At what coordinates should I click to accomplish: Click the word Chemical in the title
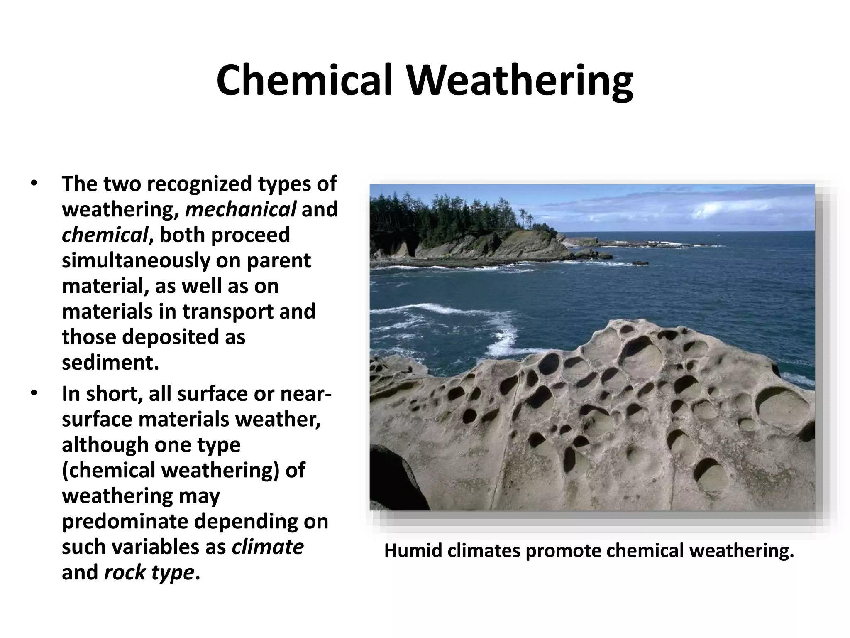(304, 81)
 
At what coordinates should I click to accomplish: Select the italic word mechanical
(240, 209)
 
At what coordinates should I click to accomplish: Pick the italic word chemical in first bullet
(105, 235)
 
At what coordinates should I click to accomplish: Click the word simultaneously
(135, 261)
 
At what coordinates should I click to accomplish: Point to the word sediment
(110, 363)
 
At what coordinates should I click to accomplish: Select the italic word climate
(267, 547)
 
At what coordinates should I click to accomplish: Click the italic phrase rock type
(149, 573)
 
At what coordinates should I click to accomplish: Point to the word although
(105, 444)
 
